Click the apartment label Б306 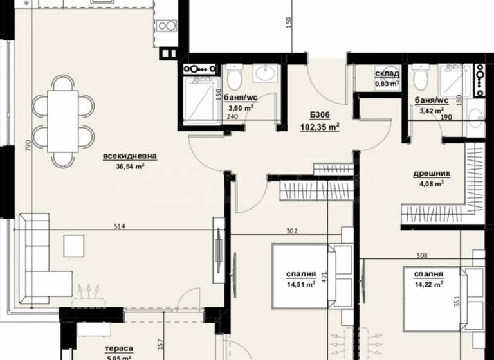tap(319, 114)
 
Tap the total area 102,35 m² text tap(320, 127)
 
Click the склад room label tap(387, 74)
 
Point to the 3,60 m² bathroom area tap(241, 107)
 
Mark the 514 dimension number tap(118, 226)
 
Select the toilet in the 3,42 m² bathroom tap(421, 78)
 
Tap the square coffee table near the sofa tap(73, 245)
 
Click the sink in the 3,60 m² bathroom tap(264, 73)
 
